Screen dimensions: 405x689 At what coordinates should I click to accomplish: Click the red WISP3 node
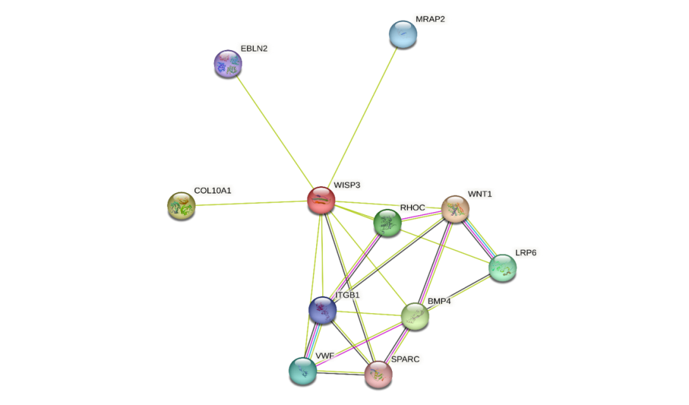pyautogui.click(x=321, y=200)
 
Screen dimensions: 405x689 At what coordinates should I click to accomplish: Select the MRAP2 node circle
pyautogui.click(x=403, y=34)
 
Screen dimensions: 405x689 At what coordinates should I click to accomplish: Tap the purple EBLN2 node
pyautogui.click(x=228, y=63)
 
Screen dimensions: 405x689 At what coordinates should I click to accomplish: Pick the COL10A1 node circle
pyautogui.click(x=181, y=205)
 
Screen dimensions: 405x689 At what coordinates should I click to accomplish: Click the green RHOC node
pyautogui.click(x=387, y=222)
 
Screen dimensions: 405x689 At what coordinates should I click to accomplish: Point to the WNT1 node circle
pyautogui.click(x=455, y=208)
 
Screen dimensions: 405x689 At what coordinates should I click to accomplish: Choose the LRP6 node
pyautogui.click(x=503, y=267)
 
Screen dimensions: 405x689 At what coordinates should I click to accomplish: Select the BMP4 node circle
pyautogui.click(x=415, y=316)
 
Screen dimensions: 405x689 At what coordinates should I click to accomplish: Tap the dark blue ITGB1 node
pyautogui.click(x=322, y=309)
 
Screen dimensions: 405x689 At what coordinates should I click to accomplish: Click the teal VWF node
pyautogui.click(x=303, y=370)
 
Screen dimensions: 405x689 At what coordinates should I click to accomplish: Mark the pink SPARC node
pyautogui.click(x=378, y=374)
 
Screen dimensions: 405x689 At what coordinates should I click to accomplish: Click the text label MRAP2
pyautogui.click(x=430, y=19)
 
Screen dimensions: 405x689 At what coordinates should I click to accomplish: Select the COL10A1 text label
pyautogui.click(x=212, y=190)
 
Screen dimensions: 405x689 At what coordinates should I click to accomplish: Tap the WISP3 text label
pyautogui.click(x=346, y=185)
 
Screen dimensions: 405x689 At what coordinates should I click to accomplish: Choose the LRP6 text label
pyautogui.click(x=526, y=252)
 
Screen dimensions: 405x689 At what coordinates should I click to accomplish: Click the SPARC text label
pyautogui.click(x=405, y=359)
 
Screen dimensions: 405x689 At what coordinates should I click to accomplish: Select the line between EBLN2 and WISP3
pyautogui.click(x=274, y=131)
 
